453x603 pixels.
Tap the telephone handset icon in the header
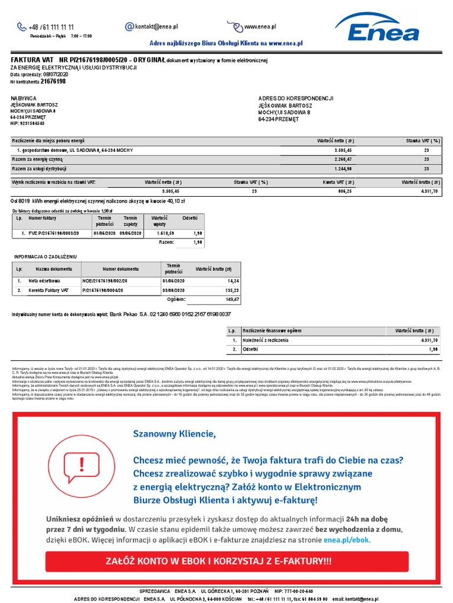click(x=22, y=26)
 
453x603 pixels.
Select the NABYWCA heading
click(x=24, y=98)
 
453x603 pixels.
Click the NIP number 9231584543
click(x=34, y=124)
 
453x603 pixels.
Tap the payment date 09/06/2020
click(x=130, y=233)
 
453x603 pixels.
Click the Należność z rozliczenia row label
click(x=270, y=340)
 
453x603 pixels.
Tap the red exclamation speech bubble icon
click(x=81, y=462)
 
